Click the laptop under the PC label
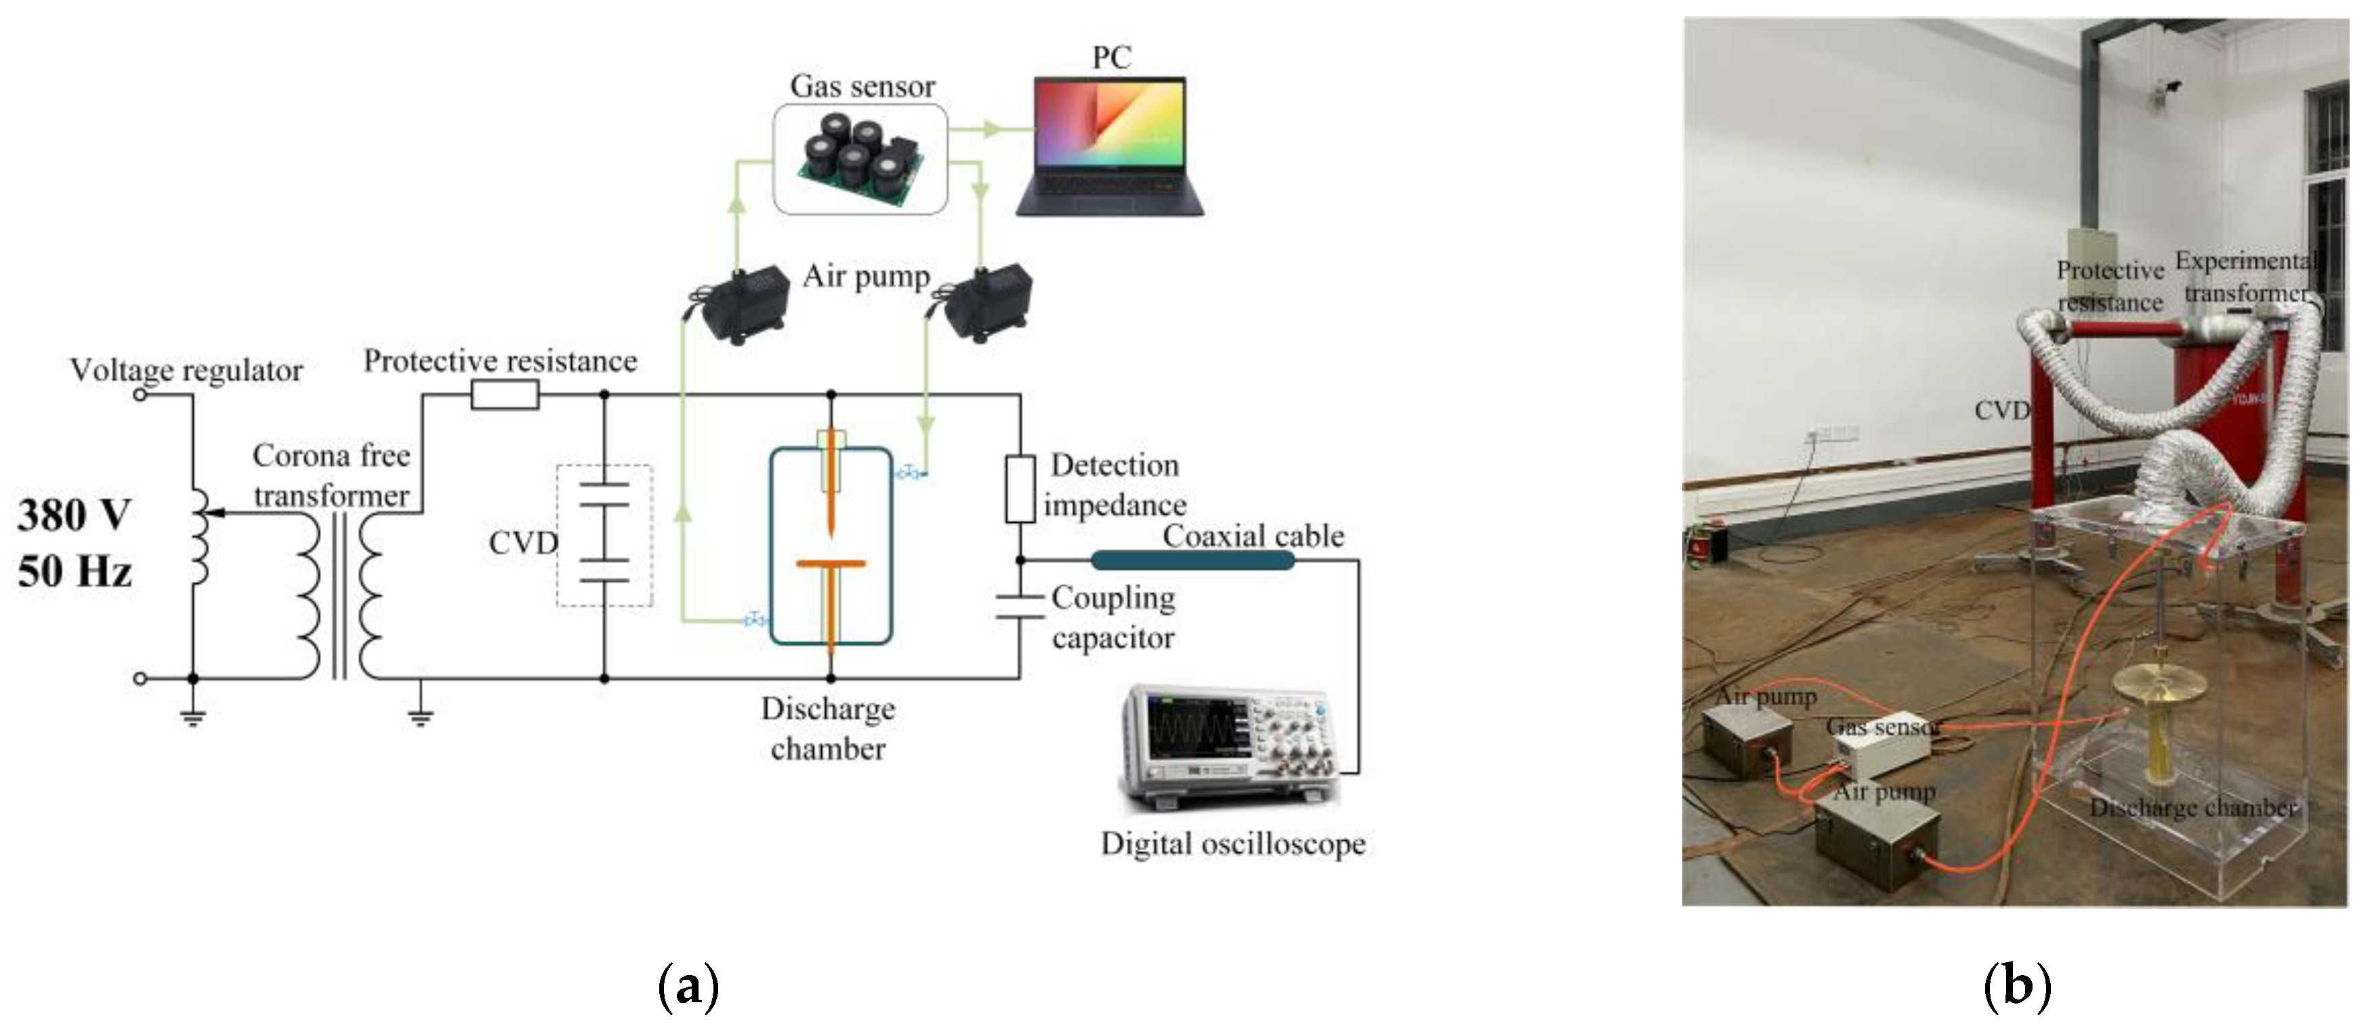click(x=1110, y=147)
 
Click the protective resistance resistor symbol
click(x=505, y=395)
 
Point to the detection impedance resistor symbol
click(x=1020, y=488)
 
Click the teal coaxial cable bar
click(x=1192, y=560)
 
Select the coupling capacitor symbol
click(x=1020, y=606)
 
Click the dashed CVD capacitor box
click(x=604, y=535)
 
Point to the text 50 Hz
click(x=74, y=571)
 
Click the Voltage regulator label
click(x=186, y=370)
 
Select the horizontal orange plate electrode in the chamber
click(x=831, y=564)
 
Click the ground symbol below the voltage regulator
click(x=192, y=717)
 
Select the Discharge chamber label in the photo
click(x=2192, y=808)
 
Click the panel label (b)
click(x=2016, y=987)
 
